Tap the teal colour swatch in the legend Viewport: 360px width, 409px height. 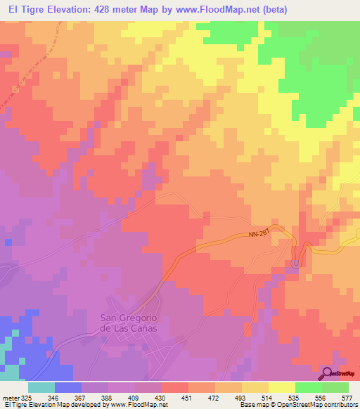41,388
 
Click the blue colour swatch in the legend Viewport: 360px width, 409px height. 68,388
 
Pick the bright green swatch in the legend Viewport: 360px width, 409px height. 308,388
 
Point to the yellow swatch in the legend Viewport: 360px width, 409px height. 281,388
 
